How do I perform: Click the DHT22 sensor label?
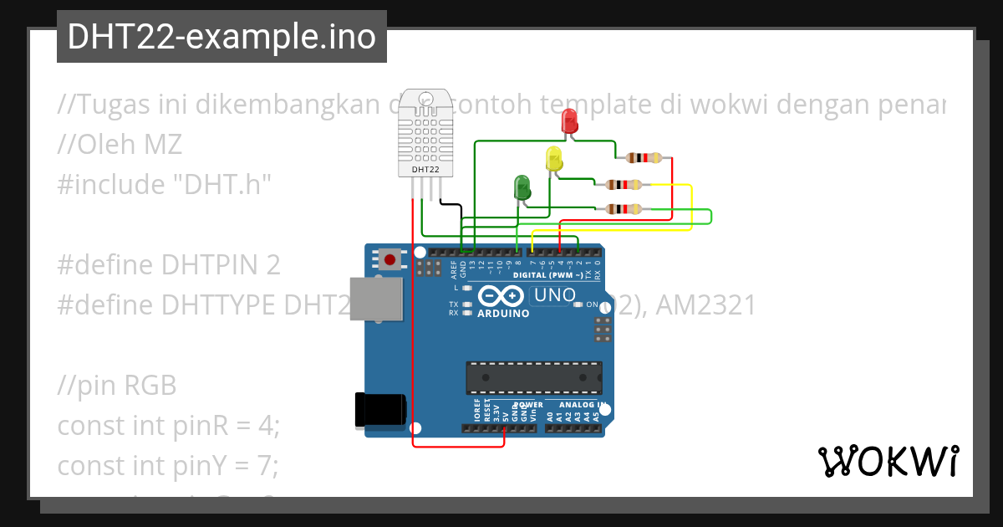click(x=425, y=170)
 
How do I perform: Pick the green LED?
click(x=522, y=187)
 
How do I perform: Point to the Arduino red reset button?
click(x=389, y=258)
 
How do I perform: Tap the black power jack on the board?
click(x=380, y=409)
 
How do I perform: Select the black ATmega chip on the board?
click(x=533, y=377)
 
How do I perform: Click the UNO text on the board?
click(x=554, y=295)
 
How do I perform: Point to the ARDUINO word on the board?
click(x=503, y=314)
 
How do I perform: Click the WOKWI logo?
click(x=888, y=461)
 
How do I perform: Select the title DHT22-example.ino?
click(x=221, y=37)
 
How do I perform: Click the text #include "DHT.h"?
click(x=165, y=184)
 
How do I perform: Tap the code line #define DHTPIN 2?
click(x=169, y=265)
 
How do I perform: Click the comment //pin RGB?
click(x=117, y=386)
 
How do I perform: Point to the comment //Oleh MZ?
click(x=120, y=145)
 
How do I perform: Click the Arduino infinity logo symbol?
click(x=501, y=296)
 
